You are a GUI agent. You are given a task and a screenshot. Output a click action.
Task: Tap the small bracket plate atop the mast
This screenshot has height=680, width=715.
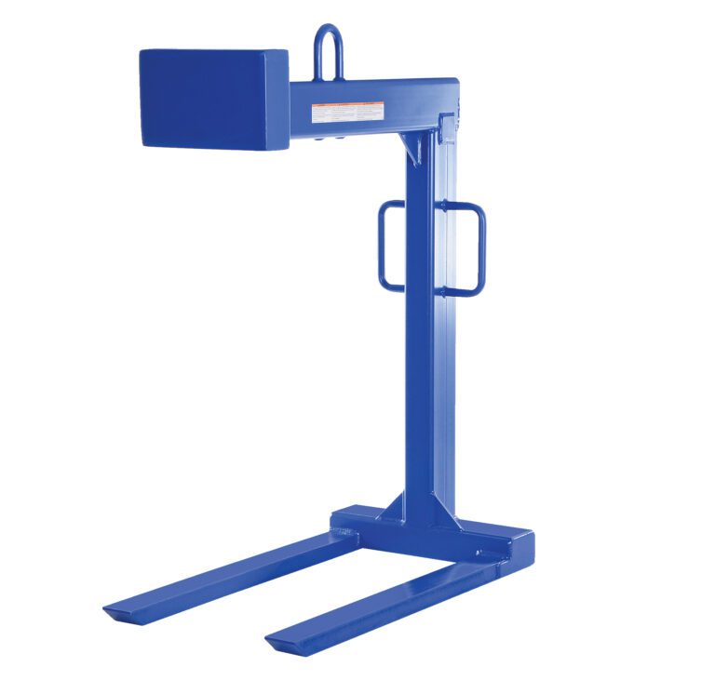(x=447, y=126)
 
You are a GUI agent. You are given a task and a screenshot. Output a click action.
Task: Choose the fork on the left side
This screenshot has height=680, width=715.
(x=233, y=575)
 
